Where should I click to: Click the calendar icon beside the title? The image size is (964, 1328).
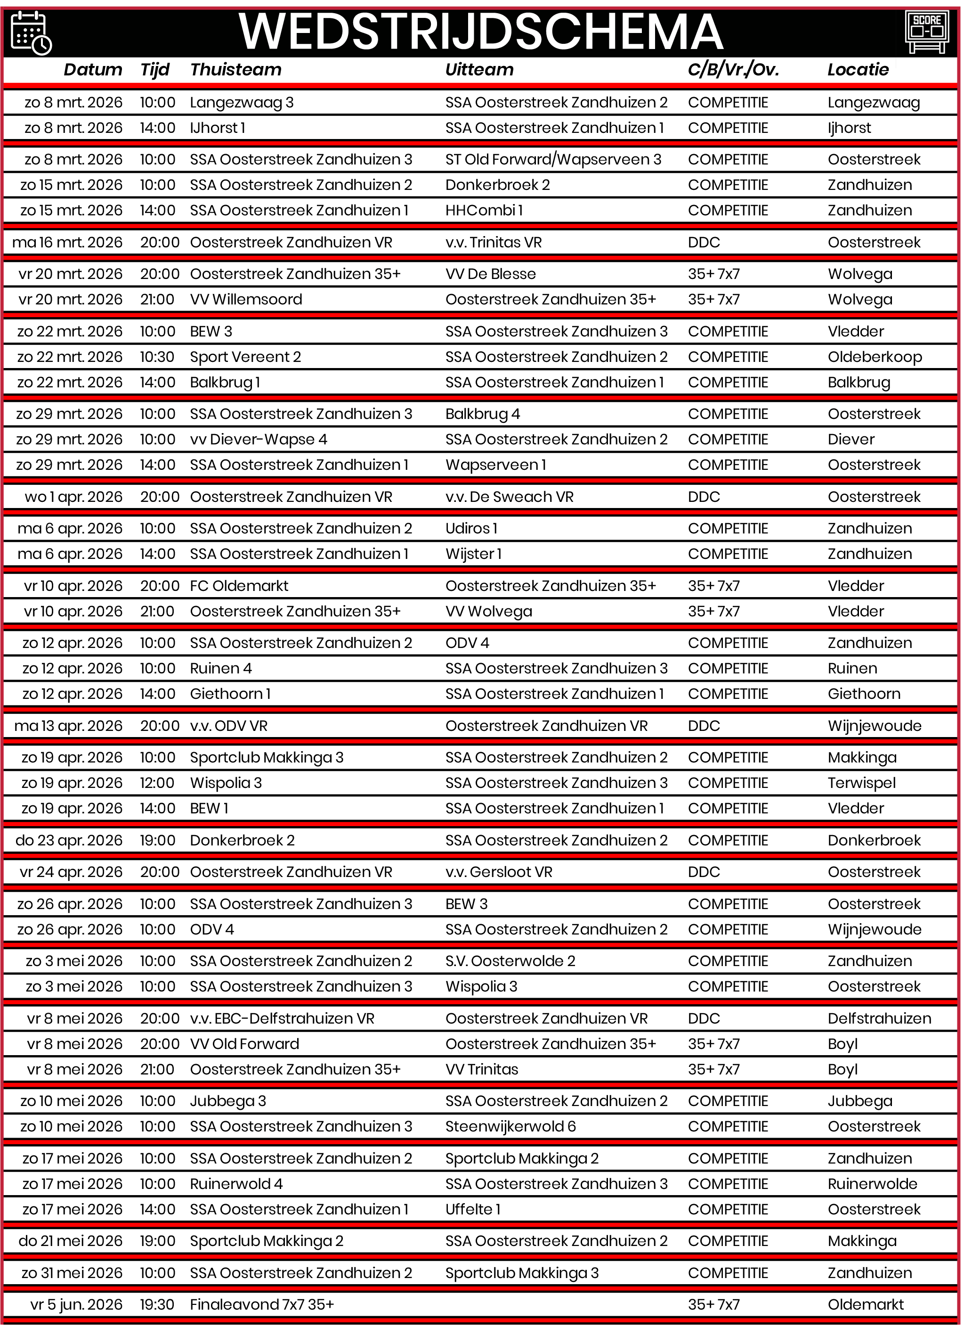(32, 33)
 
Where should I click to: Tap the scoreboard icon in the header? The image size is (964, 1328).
(926, 32)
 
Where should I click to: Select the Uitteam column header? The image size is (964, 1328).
(479, 70)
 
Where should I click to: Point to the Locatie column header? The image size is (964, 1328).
(858, 70)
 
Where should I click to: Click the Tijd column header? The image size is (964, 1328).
(154, 70)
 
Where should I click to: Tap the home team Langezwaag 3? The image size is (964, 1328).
(242, 102)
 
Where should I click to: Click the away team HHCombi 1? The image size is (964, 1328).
(484, 210)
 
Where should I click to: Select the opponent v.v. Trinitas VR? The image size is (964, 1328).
(494, 242)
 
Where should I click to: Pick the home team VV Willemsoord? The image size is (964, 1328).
(246, 299)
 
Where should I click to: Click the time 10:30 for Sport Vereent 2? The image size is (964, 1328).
(157, 357)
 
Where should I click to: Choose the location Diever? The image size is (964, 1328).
(851, 439)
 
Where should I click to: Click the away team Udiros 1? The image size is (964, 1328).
(471, 528)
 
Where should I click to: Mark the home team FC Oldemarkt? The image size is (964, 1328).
(239, 586)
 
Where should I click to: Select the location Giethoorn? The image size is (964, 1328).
(864, 694)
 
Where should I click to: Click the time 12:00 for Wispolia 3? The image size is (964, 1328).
(157, 783)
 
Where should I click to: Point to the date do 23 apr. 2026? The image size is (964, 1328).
(69, 840)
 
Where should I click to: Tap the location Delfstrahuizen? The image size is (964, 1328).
(879, 1018)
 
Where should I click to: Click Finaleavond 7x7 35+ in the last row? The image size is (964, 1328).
(262, 1304)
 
